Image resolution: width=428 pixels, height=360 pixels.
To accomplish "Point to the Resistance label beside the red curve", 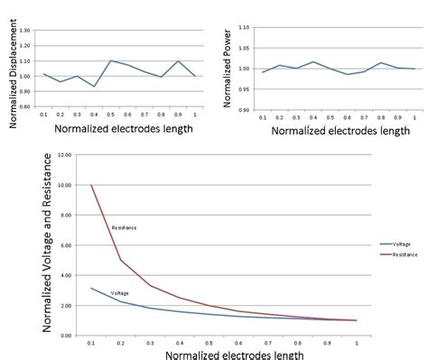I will pos(124,227).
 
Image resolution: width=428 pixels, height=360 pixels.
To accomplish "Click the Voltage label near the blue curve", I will pos(119,293).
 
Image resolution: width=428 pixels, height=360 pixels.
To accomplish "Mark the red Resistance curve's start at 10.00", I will pos(91,185).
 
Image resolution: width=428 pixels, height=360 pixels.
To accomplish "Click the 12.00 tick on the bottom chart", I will pos(62,155).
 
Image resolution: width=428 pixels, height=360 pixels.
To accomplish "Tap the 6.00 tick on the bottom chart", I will pos(64,245).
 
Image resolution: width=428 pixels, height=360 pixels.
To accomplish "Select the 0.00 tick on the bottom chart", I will pos(64,335).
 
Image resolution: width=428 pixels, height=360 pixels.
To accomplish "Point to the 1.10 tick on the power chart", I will pos(256,29).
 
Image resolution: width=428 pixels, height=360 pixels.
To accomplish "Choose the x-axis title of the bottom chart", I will pos(223,352).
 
